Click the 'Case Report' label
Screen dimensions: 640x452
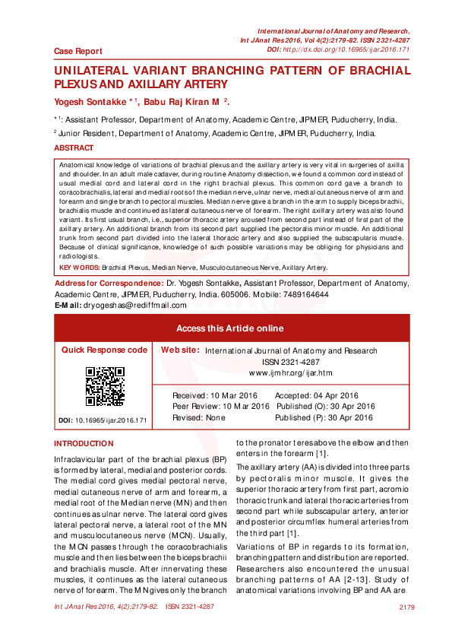pos(78,51)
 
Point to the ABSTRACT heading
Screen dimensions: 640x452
pos(74,148)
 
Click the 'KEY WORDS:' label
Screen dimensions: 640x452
pos(79,268)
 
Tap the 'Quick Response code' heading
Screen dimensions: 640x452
pos(104,350)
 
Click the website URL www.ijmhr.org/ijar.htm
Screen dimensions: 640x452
pos(292,373)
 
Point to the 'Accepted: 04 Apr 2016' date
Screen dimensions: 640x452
pos(316,396)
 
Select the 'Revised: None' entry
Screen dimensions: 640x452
pos(199,417)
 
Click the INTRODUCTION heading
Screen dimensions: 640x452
pos(84,443)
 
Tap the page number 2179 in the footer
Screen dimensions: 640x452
pos(406,607)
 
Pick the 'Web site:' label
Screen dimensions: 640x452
pos(180,350)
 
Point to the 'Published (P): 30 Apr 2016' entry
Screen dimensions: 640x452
pos(324,417)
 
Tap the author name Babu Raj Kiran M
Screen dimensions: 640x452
pos(183,101)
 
